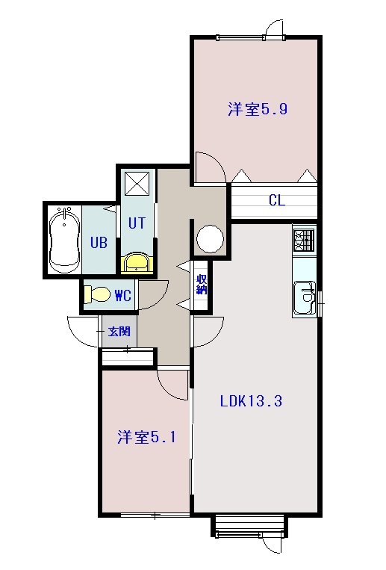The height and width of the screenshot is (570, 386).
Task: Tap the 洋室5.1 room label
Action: [x=146, y=438]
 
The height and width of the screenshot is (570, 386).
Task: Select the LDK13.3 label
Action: [x=250, y=400]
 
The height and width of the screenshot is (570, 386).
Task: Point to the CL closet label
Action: [x=276, y=200]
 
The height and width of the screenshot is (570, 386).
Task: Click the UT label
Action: [x=136, y=223]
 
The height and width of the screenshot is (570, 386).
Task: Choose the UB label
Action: [x=99, y=242]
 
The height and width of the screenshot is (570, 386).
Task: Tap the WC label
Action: [x=123, y=296]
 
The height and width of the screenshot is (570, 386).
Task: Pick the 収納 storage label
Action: [x=202, y=285]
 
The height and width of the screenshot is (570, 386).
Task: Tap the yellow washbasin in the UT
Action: [x=136, y=262]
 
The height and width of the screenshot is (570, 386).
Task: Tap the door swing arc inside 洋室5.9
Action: [x=210, y=166]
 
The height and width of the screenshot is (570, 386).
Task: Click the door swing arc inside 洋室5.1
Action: [x=172, y=382]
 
